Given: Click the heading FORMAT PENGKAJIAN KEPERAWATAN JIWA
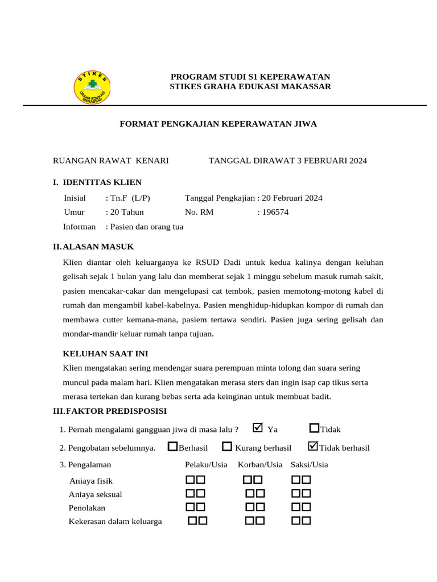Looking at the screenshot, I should coord(218,124).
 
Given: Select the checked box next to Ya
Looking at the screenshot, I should coord(258,428).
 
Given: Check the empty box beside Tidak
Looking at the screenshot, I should coord(314,428).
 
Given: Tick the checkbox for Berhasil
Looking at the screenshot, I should coord(173,447).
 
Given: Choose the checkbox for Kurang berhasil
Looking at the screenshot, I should coord(227,447).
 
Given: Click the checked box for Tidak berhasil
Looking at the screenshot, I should coord(312,447).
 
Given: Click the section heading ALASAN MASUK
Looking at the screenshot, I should coord(98,247).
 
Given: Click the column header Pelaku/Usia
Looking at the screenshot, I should coord(206,465).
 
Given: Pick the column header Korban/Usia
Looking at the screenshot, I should coord(260,465).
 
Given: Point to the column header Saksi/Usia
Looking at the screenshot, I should coord(309,465).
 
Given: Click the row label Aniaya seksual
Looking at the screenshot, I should coord(95,494).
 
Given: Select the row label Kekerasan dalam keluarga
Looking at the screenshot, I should coord(115,521).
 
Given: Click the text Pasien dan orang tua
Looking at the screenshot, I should coord(146,227).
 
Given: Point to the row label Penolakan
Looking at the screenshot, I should coord(87,508).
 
